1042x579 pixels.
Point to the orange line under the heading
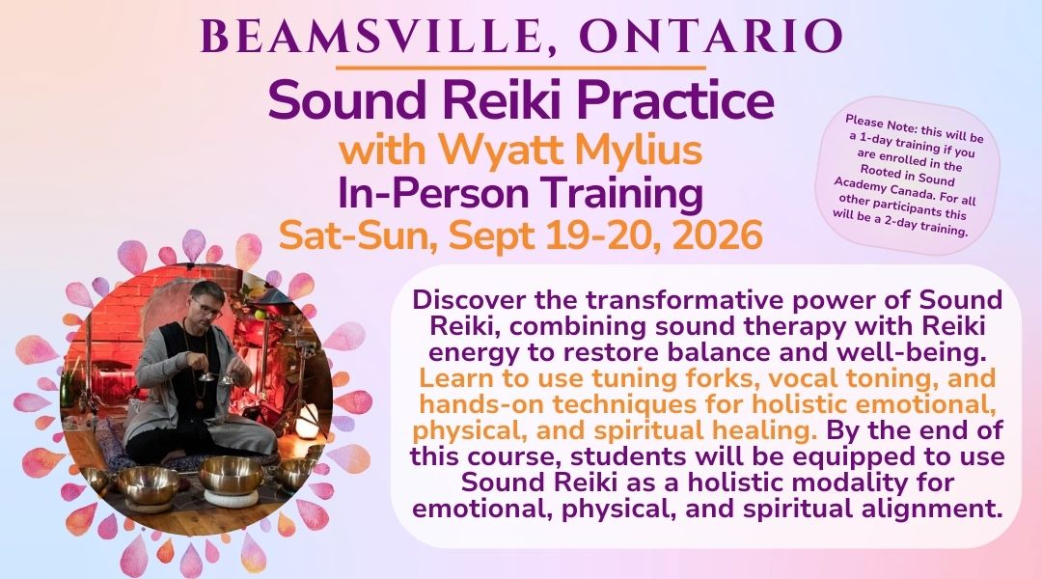(520, 68)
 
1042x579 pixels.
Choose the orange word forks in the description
(717, 378)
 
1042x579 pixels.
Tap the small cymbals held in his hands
(217, 377)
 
